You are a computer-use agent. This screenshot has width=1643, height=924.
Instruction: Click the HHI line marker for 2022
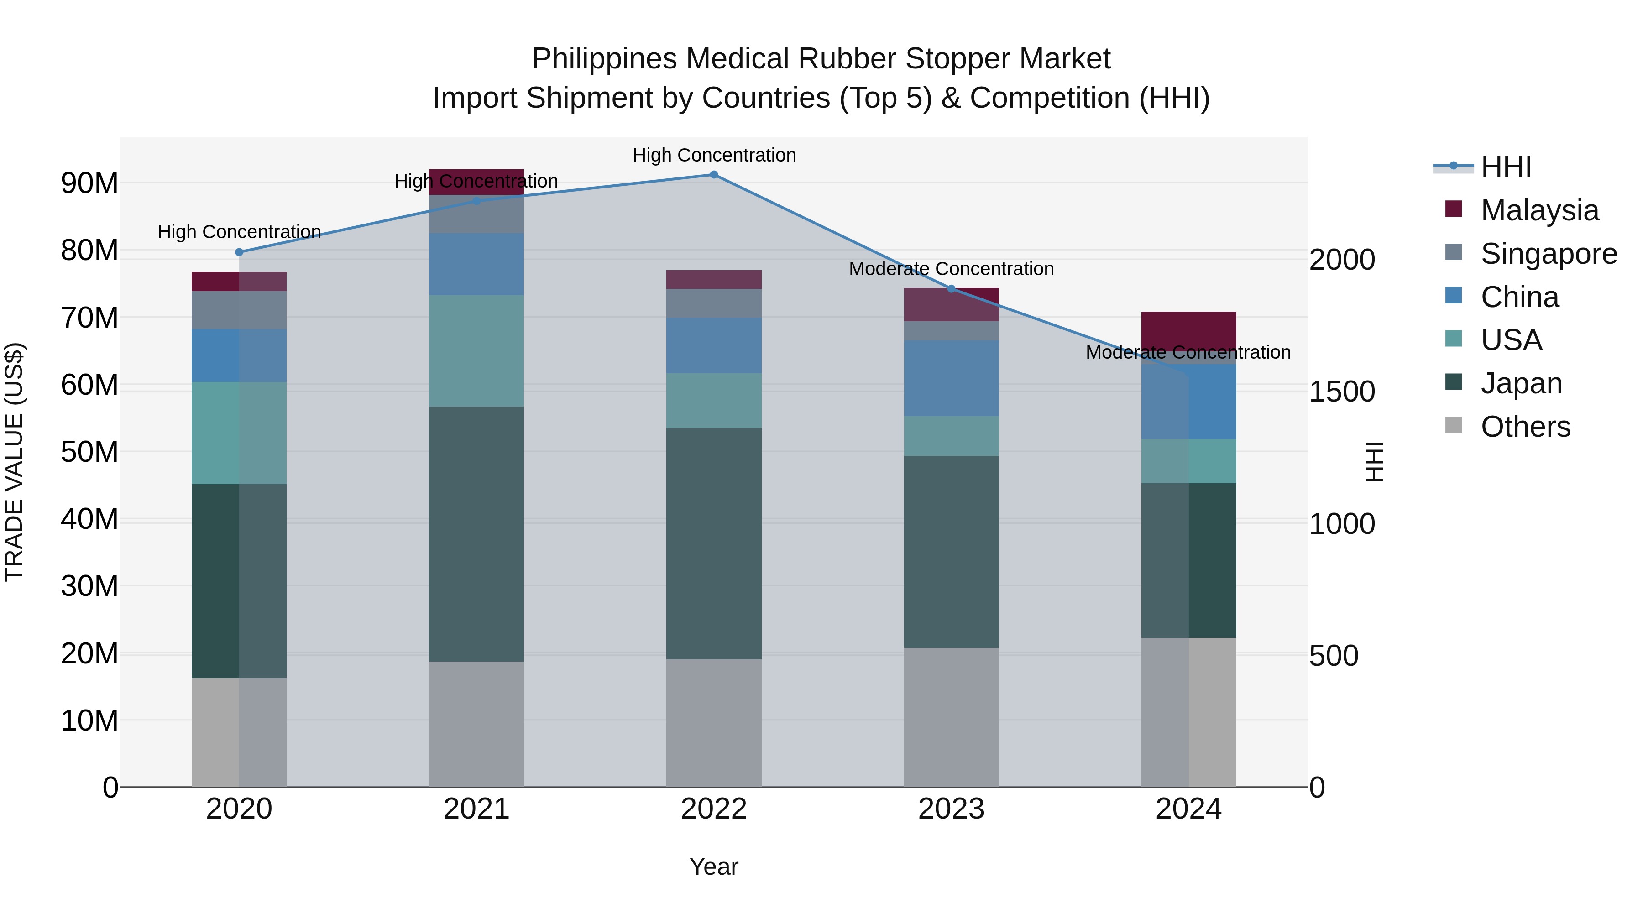tap(714, 175)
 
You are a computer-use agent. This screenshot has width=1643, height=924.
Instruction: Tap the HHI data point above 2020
tap(239, 252)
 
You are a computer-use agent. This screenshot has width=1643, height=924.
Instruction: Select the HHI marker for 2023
tap(951, 289)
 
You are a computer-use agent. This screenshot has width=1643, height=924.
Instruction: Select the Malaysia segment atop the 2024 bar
tap(1188, 329)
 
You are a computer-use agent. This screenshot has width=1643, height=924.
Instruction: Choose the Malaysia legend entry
tap(1539, 210)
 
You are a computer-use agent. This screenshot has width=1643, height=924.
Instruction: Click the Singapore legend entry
tap(1548, 254)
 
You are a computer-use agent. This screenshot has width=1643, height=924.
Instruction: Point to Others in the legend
tap(1525, 427)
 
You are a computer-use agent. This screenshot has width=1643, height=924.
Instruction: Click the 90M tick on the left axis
tap(89, 183)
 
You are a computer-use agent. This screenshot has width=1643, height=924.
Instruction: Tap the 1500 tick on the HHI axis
tap(1342, 392)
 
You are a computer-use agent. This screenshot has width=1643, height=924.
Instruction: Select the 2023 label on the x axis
tap(951, 809)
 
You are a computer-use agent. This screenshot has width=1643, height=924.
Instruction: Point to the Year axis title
tap(714, 867)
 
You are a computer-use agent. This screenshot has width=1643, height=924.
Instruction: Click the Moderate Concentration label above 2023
tap(951, 269)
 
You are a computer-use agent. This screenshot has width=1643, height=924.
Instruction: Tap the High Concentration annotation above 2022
tap(714, 155)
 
